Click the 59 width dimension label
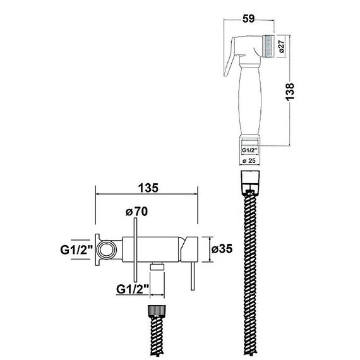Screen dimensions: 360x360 click(x=249, y=19)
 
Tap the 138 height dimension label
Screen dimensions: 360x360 click(x=290, y=92)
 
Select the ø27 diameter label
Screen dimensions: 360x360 click(x=282, y=46)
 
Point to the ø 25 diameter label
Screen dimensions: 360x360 click(x=249, y=160)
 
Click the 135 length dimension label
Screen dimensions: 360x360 click(x=148, y=188)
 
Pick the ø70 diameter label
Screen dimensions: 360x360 click(x=136, y=212)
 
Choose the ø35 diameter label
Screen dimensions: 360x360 click(x=222, y=249)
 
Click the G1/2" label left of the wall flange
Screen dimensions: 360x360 click(x=76, y=249)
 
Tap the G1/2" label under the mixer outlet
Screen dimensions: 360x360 click(x=133, y=289)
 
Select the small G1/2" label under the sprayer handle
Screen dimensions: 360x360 click(x=249, y=150)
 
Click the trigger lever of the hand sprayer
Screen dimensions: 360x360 click(x=230, y=56)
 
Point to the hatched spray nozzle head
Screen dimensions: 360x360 click(x=268, y=46)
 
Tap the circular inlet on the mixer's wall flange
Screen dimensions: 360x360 click(x=106, y=249)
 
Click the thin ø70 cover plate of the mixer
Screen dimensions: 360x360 click(x=135, y=250)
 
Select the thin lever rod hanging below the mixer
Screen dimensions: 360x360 click(x=193, y=276)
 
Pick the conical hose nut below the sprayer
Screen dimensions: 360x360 click(x=249, y=183)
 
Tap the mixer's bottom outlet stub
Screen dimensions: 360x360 click(x=157, y=266)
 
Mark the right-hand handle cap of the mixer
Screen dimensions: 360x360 click(x=189, y=249)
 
